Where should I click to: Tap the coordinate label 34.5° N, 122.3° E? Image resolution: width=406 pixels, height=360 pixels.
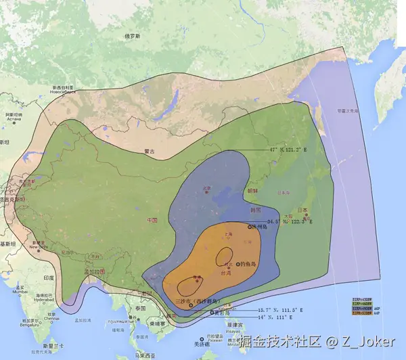(290, 221)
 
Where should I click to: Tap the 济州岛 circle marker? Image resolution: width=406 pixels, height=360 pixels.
(250, 227)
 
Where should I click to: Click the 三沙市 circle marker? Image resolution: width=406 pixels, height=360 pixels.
(191, 305)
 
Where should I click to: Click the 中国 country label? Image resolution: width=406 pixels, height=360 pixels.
(152, 221)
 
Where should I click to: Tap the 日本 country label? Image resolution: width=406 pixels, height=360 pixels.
(302, 209)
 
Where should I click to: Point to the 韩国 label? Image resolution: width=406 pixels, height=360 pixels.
(256, 210)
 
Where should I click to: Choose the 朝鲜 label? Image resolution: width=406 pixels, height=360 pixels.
(252, 191)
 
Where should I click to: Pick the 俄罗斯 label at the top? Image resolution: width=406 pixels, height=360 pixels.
(132, 36)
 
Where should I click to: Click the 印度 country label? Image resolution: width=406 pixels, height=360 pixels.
(48, 277)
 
